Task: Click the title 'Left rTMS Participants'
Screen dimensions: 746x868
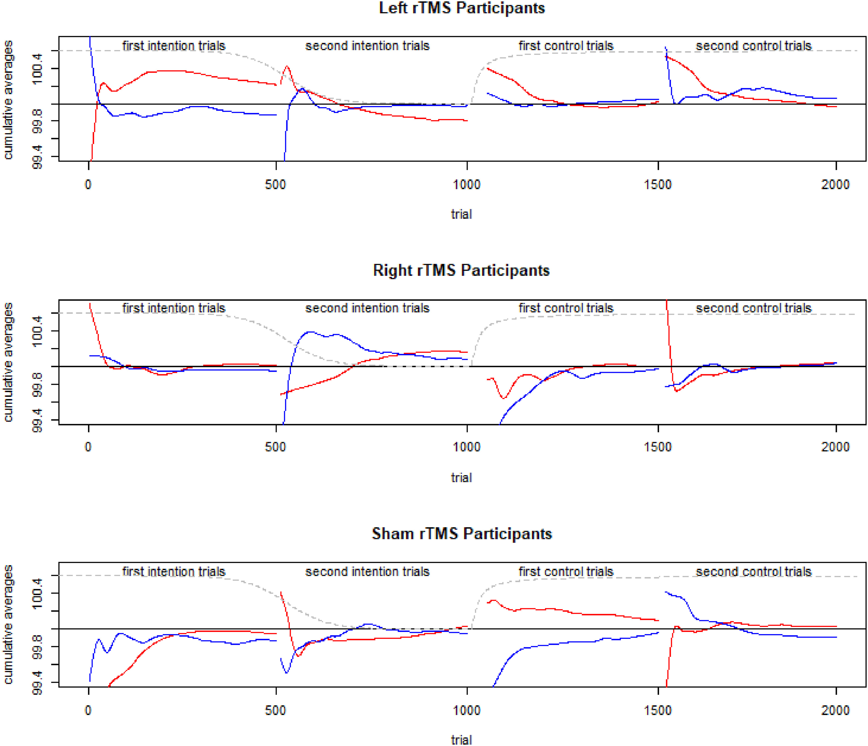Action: point(462,8)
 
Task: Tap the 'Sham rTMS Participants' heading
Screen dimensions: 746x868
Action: point(462,534)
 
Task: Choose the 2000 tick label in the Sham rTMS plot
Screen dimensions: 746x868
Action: point(835,710)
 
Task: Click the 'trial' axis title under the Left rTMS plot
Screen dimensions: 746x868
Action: point(461,215)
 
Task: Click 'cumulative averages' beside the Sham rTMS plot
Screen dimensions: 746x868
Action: point(8,624)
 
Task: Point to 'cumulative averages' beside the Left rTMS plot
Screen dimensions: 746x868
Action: point(8,100)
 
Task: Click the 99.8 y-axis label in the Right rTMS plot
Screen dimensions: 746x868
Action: point(38,384)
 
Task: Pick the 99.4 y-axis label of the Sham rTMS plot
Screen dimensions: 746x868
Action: point(38,682)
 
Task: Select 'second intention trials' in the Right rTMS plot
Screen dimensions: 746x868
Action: point(367,308)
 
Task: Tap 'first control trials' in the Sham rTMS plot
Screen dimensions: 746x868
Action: point(565,572)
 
